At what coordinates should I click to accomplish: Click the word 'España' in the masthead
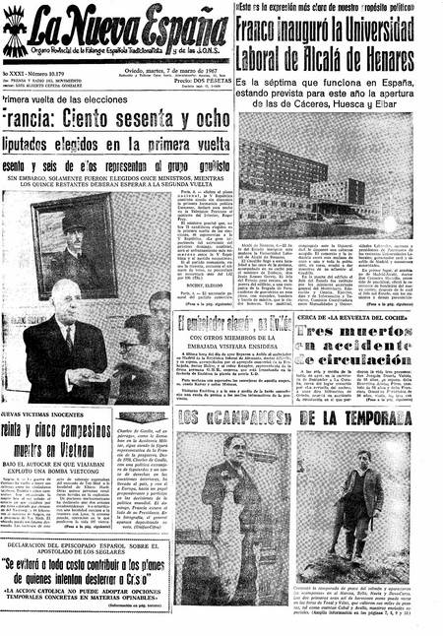coord(175,29)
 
